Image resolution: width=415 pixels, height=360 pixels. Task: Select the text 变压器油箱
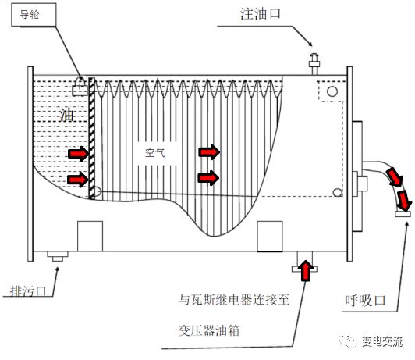(209, 330)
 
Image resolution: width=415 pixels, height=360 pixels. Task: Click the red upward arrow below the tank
(305, 269)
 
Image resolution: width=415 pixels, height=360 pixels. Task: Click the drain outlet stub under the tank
(57, 256)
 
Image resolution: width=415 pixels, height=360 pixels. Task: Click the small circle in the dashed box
(332, 91)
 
